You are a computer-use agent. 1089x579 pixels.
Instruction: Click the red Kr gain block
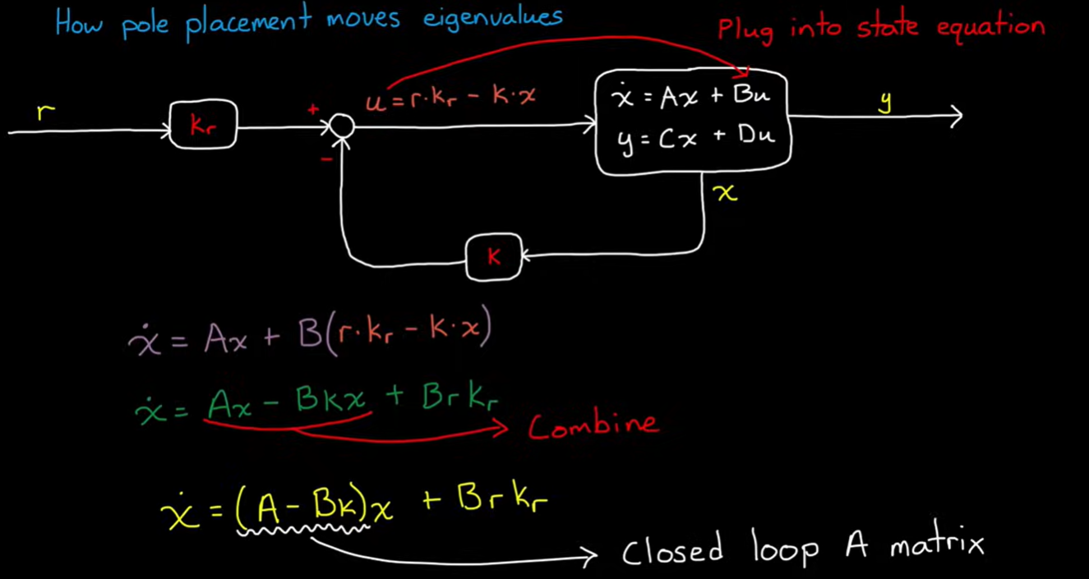[x=203, y=125]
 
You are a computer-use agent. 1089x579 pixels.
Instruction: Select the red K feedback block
[x=493, y=257]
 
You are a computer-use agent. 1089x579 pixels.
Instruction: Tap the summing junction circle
[x=342, y=126]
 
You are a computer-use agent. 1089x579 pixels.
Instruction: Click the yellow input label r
[x=46, y=112]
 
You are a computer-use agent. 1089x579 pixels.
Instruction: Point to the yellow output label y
[x=885, y=101]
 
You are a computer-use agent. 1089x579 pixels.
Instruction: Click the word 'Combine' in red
[x=592, y=425]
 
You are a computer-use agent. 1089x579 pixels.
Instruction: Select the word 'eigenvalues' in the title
[x=492, y=18]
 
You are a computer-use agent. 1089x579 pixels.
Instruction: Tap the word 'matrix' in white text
[x=936, y=545]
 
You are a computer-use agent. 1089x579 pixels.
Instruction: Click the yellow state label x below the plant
[x=726, y=193]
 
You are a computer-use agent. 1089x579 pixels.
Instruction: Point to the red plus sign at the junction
[x=313, y=109]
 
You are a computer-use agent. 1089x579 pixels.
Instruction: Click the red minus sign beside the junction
[x=326, y=158]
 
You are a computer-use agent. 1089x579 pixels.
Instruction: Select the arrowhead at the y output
[x=955, y=117]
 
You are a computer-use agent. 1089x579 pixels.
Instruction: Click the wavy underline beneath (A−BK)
[x=304, y=531]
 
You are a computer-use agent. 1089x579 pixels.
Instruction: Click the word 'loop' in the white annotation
[x=784, y=548]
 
